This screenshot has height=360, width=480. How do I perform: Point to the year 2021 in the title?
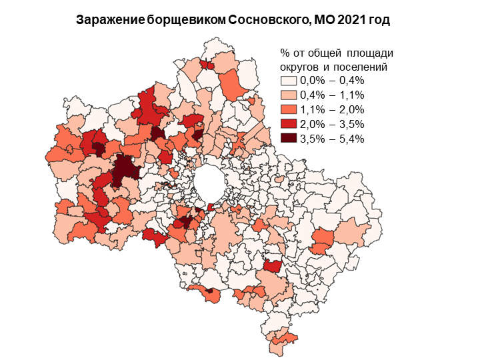353,20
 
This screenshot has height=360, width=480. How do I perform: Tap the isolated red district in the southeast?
271,266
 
